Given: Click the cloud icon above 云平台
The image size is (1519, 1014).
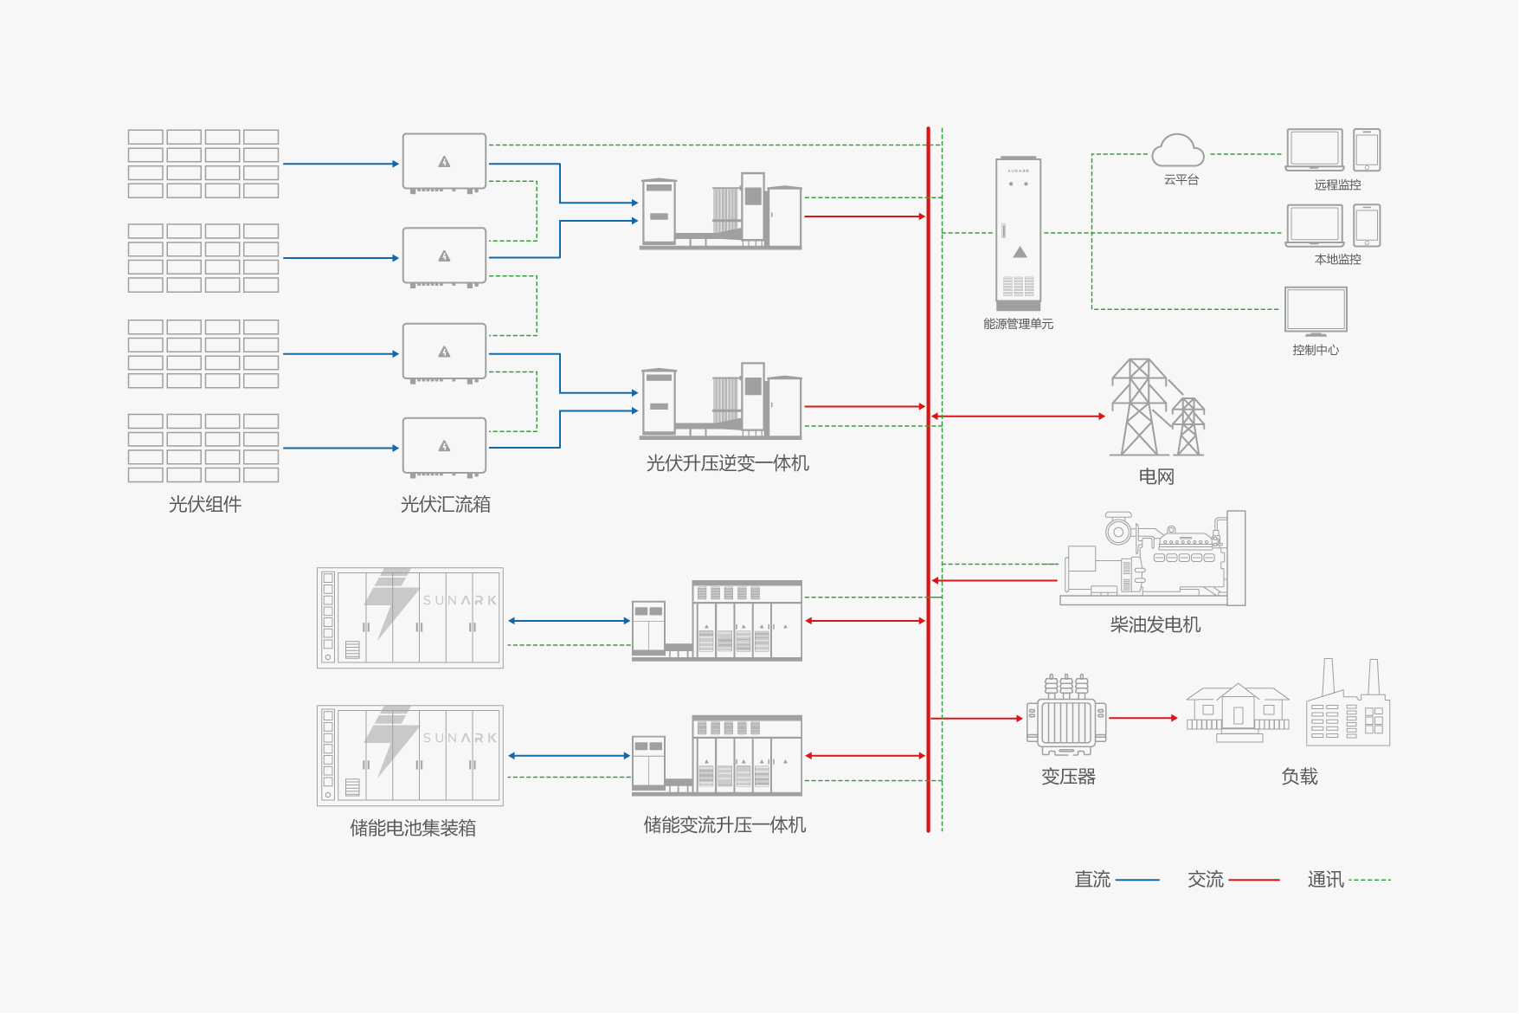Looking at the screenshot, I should coord(1177,151).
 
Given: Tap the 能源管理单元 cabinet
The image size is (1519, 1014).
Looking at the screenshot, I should coord(1019,233).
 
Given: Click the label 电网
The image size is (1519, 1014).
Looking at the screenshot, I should coord(1156,476).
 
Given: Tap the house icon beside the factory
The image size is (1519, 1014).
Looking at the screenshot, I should coord(1238,713).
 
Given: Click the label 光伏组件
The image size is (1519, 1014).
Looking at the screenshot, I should coord(205,504).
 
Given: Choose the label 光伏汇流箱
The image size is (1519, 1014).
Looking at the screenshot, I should coord(446,504).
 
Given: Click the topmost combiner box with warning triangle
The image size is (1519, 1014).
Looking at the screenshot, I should coord(444,162).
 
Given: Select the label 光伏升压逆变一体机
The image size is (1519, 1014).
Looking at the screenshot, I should coord(727,463).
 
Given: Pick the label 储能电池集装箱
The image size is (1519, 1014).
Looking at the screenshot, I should coord(413,828).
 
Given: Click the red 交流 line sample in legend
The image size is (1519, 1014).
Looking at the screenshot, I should coord(1253,880).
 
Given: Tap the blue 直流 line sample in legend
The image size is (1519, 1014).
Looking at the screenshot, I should coord(1137,880).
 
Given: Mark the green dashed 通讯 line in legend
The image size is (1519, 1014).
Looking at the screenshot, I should coord(1369,880).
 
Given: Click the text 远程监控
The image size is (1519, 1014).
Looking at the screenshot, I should coord(1337,184).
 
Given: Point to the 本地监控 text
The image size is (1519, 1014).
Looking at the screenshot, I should coord(1337,259).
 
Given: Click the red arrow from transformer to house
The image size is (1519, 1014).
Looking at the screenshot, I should coord(1142,718).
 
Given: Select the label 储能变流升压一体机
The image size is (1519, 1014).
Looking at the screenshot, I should coord(724,825).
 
